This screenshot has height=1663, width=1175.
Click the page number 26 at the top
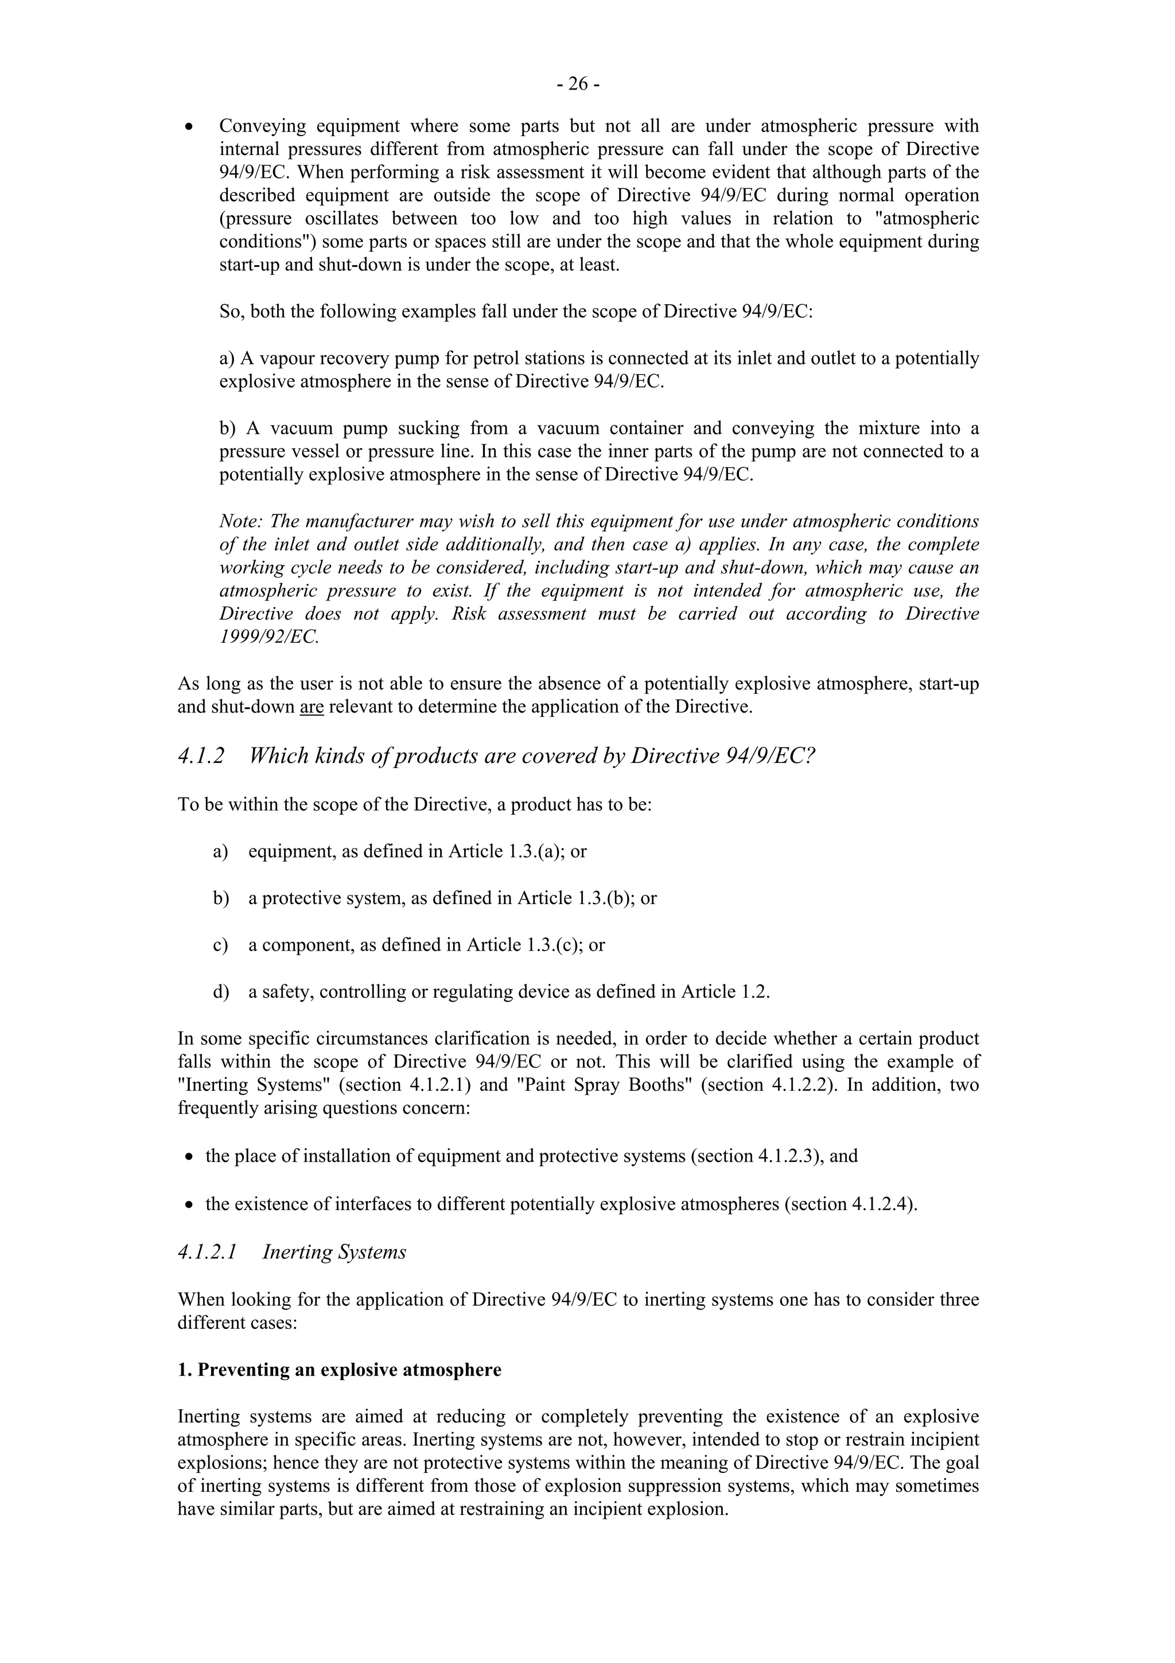coord(578,85)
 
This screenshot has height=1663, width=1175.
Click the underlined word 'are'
coord(312,707)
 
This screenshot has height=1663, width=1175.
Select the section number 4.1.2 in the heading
coord(201,756)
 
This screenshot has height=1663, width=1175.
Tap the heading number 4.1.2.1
coord(207,1253)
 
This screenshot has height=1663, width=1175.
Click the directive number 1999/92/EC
coord(269,637)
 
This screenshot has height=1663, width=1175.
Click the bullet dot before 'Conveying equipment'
coord(188,127)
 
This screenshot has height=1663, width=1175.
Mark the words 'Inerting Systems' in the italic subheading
coord(334,1253)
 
